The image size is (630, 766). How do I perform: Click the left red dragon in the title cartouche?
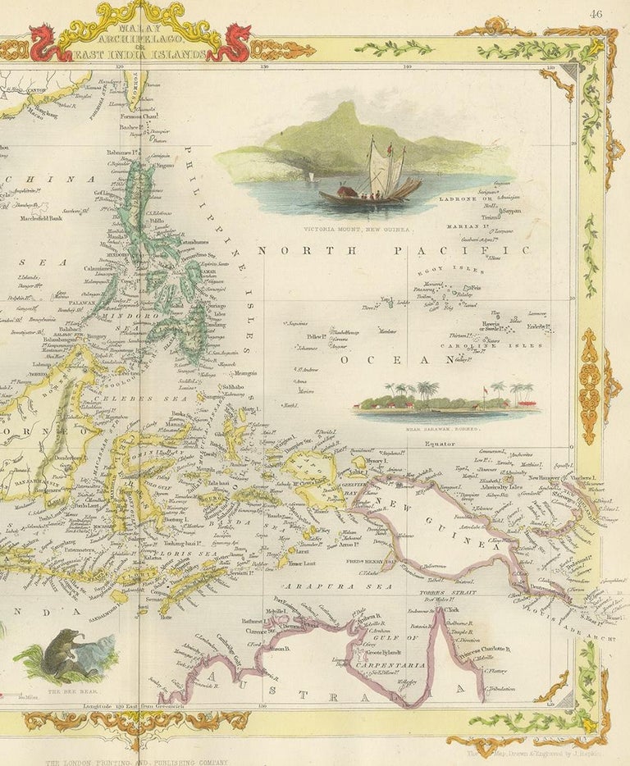pyautogui.click(x=48, y=43)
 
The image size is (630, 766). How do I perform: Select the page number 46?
pyautogui.click(x=595, y=12)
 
